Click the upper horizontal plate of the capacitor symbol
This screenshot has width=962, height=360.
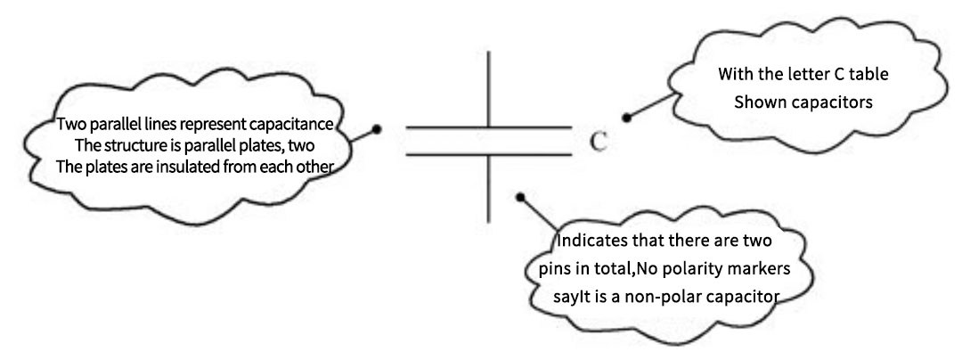pyautogui.click(x=488, y=130)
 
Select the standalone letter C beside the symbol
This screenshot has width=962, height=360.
pyautogui.click(x=599, y=142)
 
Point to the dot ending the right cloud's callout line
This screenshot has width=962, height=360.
pyautogui.click(x=626, y=116)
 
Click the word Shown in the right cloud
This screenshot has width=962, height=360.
pyautogui.click(x=757, y=102)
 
